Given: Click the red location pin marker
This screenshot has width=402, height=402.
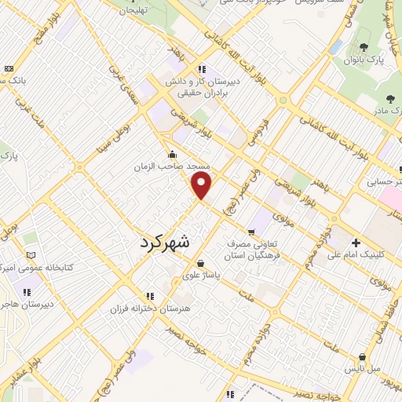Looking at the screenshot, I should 203,185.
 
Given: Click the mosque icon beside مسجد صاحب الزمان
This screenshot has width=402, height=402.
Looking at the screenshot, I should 173,154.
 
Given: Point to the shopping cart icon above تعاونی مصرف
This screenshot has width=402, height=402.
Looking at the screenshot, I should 250,232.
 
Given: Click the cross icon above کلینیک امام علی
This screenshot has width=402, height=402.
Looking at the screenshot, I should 356,242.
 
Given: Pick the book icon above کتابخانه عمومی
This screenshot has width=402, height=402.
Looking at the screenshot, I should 31,254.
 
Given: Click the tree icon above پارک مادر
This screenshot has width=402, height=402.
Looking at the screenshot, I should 390,99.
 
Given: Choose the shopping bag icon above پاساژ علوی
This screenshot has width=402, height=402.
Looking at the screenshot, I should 203,263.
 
